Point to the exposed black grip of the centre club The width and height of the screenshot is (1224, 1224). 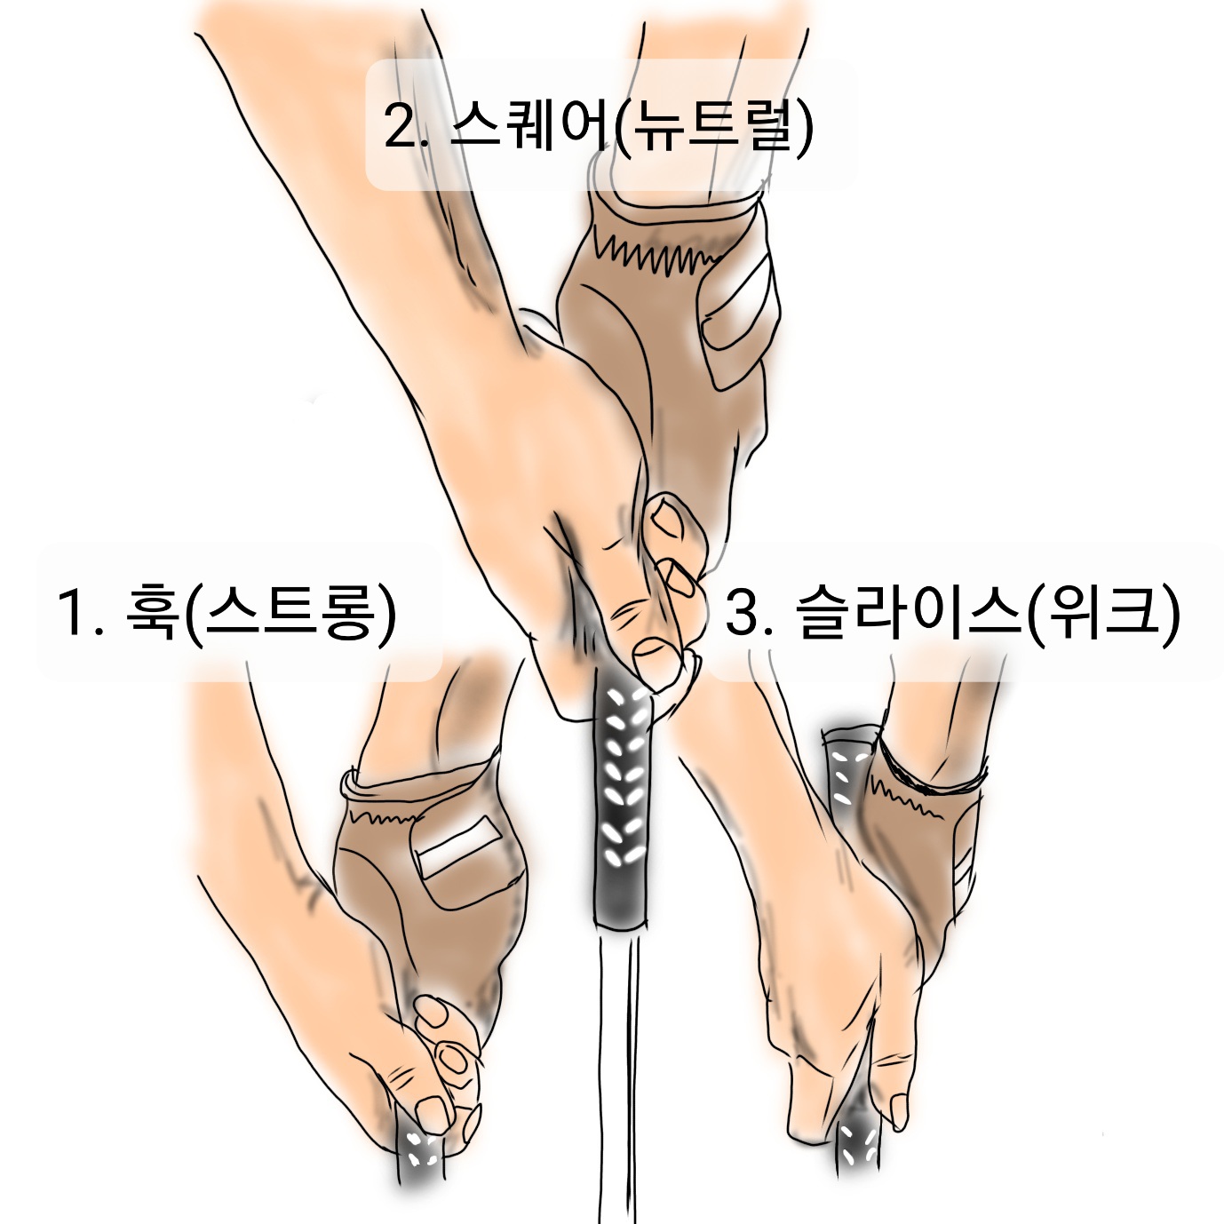click(624, 807)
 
